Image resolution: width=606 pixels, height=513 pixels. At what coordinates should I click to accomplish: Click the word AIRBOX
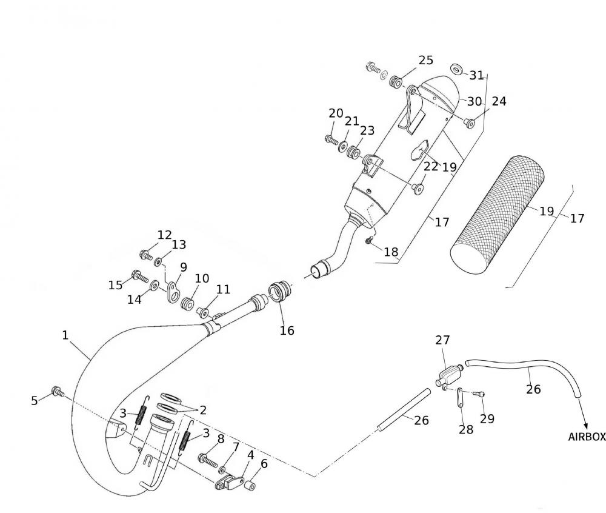(586, 437)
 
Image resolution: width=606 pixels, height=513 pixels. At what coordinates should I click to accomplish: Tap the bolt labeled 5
(58, 391)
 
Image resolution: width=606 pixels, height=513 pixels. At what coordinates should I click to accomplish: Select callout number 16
(287, 330)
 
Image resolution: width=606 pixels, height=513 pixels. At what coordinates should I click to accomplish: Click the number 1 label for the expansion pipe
(65, 335)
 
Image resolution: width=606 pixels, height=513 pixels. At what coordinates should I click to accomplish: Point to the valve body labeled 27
(447, 374)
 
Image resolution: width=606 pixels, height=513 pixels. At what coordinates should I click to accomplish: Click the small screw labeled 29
(481, 395)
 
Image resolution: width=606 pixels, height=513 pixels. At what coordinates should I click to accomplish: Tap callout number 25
(425, 60)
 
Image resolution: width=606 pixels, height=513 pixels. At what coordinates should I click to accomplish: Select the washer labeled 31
(458, 70)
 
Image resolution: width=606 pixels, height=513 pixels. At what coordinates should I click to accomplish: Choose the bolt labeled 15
(140, 276)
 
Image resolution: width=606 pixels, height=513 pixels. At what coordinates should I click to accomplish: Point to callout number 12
(164, 235)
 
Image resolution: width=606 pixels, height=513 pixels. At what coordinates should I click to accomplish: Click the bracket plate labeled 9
(175, 290)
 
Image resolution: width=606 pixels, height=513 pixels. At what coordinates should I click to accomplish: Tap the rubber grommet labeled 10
(188, 302)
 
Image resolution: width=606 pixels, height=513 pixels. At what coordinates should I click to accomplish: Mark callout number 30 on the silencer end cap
(474, 101)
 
